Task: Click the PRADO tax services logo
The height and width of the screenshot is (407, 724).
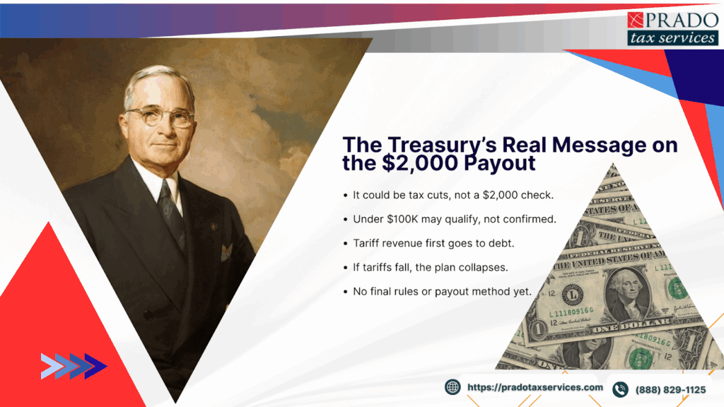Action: [672, 29]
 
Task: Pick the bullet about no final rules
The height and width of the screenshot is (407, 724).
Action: [442, 291]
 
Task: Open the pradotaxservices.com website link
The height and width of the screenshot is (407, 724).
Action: [535, 387]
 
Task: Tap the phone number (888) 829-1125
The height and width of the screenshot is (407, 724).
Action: [670, 389]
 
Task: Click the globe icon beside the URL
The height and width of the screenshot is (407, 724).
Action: [452, 387]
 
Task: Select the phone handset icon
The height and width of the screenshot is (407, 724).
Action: [620, 389]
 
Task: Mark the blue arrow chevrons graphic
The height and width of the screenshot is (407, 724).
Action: [74, 366]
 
